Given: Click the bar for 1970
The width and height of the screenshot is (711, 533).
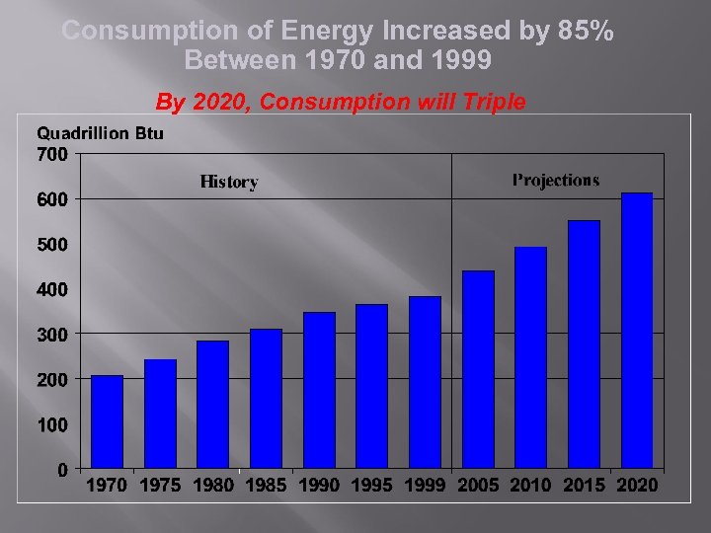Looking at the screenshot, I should pos(107,421).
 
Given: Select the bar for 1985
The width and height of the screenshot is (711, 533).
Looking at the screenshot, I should pos(266,399).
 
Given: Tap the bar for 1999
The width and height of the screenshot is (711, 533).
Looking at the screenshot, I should pos(425,382).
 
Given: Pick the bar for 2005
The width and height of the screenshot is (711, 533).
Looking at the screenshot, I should pos(478,369).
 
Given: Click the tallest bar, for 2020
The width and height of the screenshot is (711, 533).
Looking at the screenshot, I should pos(637,331).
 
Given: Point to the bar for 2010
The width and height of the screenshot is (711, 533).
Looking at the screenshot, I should pos(530,357).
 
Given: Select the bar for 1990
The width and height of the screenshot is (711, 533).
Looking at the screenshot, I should pos(319,390).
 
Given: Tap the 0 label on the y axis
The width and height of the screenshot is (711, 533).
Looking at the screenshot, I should pos(62,470).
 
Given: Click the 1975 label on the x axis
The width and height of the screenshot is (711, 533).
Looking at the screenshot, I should pos(160,485).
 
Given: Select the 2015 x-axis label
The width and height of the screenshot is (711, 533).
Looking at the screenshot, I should pos(584,485).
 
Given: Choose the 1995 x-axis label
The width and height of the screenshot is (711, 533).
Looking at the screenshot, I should pos(371,485).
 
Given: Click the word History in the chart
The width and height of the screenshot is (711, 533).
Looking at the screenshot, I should pos(229,182).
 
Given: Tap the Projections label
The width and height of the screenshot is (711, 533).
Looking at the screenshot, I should pos(556,180).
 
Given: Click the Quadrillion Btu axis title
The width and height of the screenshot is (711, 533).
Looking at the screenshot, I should pos(100,133).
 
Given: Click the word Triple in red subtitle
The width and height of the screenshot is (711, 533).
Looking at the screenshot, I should pos(490,101).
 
